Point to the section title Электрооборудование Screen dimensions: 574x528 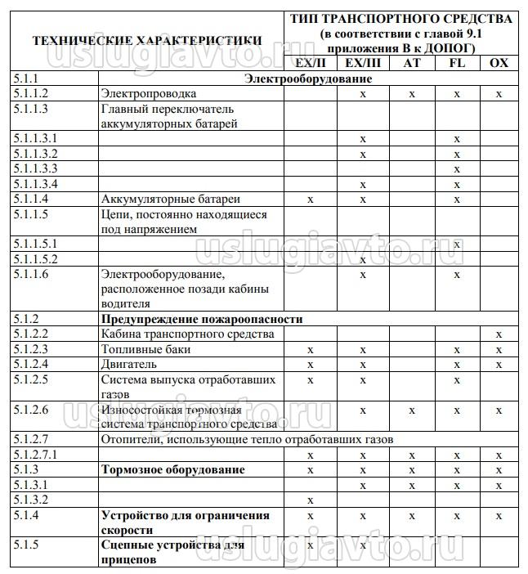click(309, 79)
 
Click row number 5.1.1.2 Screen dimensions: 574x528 click(31, 94)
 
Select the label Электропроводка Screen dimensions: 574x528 click(149, 94)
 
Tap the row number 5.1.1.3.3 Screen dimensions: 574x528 click(36, 168)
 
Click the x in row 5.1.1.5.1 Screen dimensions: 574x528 click(458, 244)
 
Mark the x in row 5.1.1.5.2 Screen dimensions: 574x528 click(362, 259)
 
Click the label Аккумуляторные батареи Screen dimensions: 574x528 click(171, 199)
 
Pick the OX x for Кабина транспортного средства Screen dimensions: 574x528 click(499, 334)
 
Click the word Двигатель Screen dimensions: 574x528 click(128, 364)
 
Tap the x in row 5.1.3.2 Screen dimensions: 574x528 click(310, 500)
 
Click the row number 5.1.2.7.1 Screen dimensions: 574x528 click(36, 455)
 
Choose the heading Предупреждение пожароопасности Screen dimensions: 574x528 click(202, 319)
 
